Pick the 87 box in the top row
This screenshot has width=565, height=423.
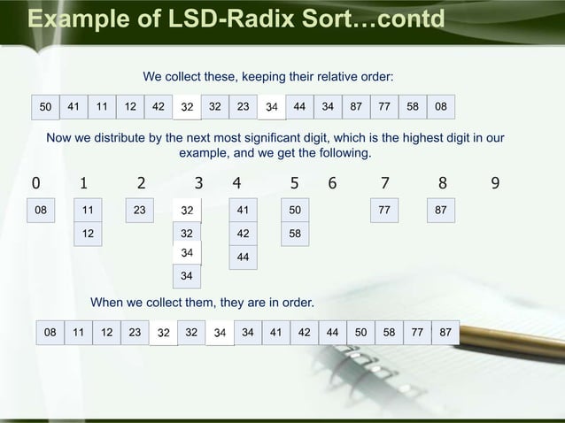click(356, 106)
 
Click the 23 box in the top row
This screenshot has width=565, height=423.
click(243, 106)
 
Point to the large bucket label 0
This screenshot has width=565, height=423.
click(35, 184)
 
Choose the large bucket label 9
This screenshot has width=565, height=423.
click(496, 184)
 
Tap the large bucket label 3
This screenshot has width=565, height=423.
click(199, 184)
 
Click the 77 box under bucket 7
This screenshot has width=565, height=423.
click(384, 211)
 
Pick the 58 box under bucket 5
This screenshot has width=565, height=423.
click(298, 234)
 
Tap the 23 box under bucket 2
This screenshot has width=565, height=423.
click(139, 211)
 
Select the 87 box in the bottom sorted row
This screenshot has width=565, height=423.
click(445, 334)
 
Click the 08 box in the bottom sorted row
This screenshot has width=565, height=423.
click(50, 334)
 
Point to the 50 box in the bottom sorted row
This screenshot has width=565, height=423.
click(360, 334)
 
